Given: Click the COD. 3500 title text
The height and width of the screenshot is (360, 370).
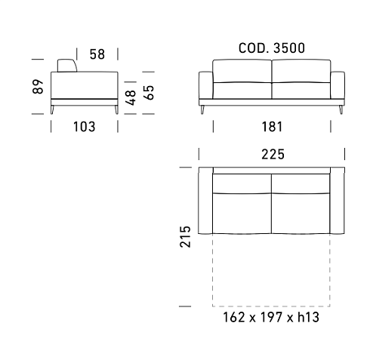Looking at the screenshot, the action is point(272,48).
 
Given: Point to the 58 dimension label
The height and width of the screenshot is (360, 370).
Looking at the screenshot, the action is point(97,54).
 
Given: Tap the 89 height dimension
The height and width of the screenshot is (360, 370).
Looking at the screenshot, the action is point(38,87).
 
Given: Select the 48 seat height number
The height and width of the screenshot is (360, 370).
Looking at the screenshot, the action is point(131,97).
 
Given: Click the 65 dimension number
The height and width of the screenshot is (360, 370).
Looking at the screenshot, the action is point(149,93).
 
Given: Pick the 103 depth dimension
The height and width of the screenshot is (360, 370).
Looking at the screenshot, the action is point(85,127).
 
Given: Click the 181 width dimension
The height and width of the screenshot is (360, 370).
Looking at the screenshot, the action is point(272,127).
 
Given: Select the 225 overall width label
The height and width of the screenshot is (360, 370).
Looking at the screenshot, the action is point(273,154).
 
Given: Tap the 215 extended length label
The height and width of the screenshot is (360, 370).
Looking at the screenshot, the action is point(185,237).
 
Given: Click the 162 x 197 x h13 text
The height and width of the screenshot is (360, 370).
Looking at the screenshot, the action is point(271,317).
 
